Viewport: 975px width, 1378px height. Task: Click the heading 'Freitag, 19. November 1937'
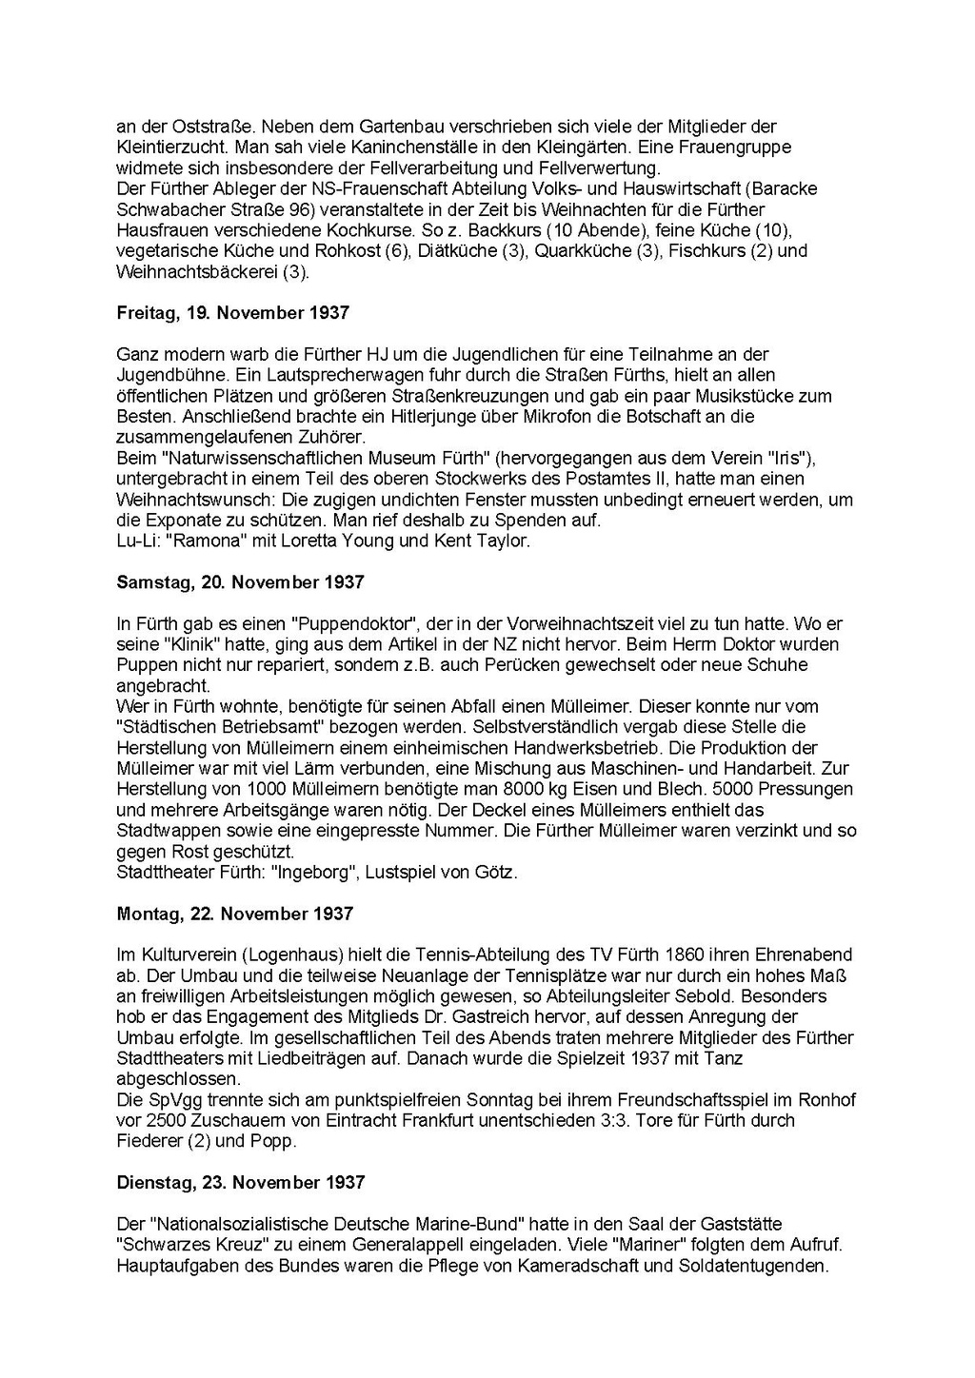(x=232, y=313)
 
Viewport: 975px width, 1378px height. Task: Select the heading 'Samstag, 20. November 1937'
(x=240, y=582)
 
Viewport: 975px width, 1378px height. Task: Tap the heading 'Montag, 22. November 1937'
(x=234, y=914)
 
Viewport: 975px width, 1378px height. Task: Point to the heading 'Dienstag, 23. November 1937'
(x=241, y=1183)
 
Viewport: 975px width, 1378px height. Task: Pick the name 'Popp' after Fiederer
(x=272, y=1142)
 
